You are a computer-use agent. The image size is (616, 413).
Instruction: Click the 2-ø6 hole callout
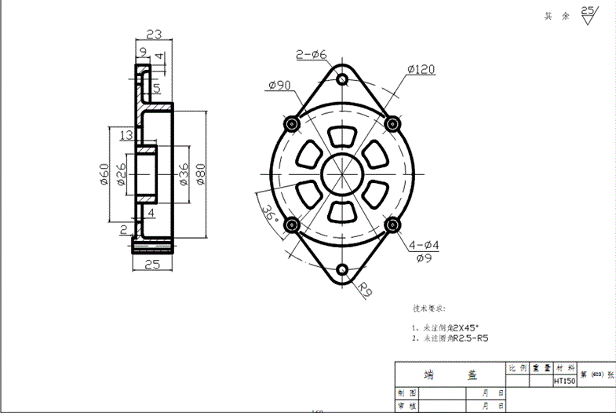click(x=311, y=54)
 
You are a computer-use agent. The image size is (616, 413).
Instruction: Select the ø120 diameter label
click(x=421, y=70)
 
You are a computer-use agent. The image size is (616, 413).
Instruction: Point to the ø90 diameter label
click(x=279, y=85)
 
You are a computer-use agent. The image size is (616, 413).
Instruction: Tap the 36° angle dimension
click(x=268, y=213)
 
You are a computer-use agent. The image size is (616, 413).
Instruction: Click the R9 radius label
click(x=365, y=291)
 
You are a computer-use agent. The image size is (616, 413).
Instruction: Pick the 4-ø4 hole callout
click(x=424, y=246)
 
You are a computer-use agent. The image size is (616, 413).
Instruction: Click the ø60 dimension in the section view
click(x=104, y=172)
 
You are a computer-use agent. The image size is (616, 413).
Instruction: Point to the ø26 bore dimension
click(x=122, y=172)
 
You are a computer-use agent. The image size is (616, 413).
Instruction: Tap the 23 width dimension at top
click(x=154, y=34)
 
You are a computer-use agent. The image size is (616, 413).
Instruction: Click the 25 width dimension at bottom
click(x=152, y=265)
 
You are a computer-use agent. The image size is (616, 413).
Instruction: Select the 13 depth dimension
click(x=126, y=135)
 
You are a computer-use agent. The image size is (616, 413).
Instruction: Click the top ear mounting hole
click(x=342, y=79)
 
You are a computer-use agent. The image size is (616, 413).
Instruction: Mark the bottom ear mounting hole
click(x=342, y=272)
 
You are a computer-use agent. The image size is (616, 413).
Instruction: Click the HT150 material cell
click(x=564, y=381)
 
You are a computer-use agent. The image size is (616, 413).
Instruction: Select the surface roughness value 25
click(x=588, y=10)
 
